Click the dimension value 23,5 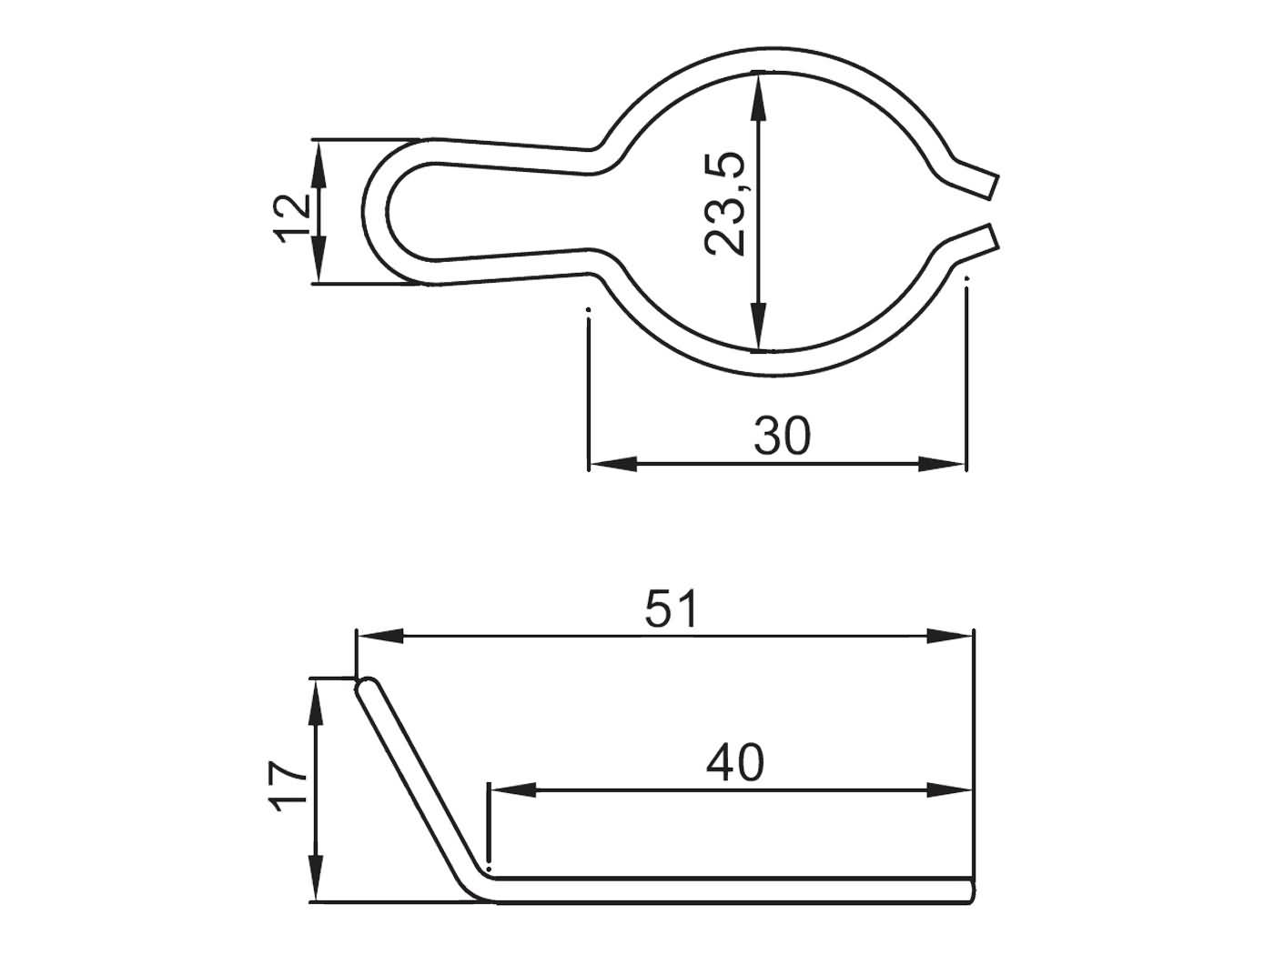point(725,204)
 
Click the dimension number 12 point(292,216)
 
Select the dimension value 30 point(782,436)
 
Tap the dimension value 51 point(672,609)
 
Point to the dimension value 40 point(735,763)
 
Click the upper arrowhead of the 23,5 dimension point(757,95)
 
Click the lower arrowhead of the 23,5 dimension point(757,327)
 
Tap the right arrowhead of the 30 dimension point(943,464)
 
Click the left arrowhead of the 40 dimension point(511,789)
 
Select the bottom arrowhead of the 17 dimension point(316,880)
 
